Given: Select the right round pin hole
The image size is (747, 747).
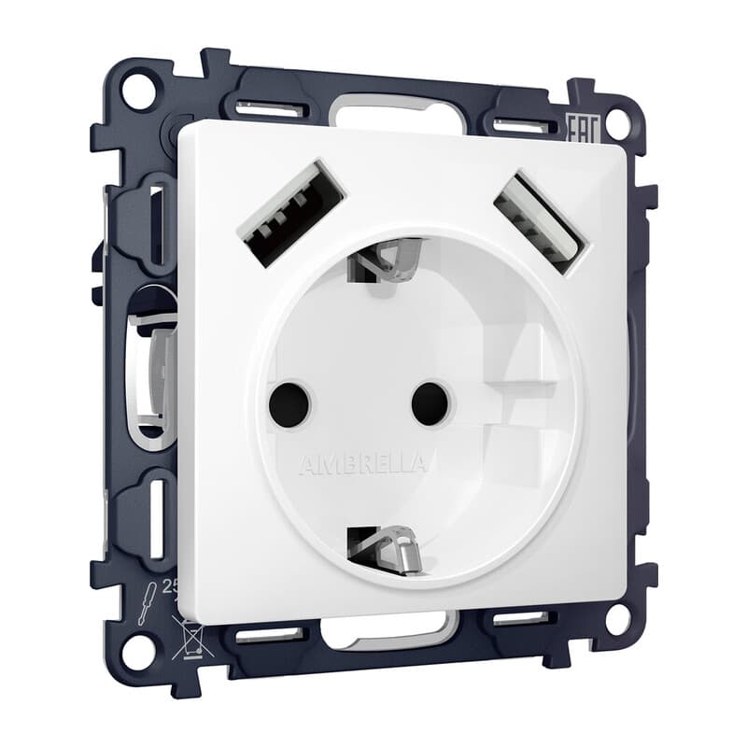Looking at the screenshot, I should click(x=430, y=402).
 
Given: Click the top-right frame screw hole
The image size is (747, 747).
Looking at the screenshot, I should click(x=615, y=122).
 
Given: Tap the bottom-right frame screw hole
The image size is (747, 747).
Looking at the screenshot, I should click(x=615, y=616).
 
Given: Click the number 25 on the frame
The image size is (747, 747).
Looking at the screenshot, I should click(x=170, y=586).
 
